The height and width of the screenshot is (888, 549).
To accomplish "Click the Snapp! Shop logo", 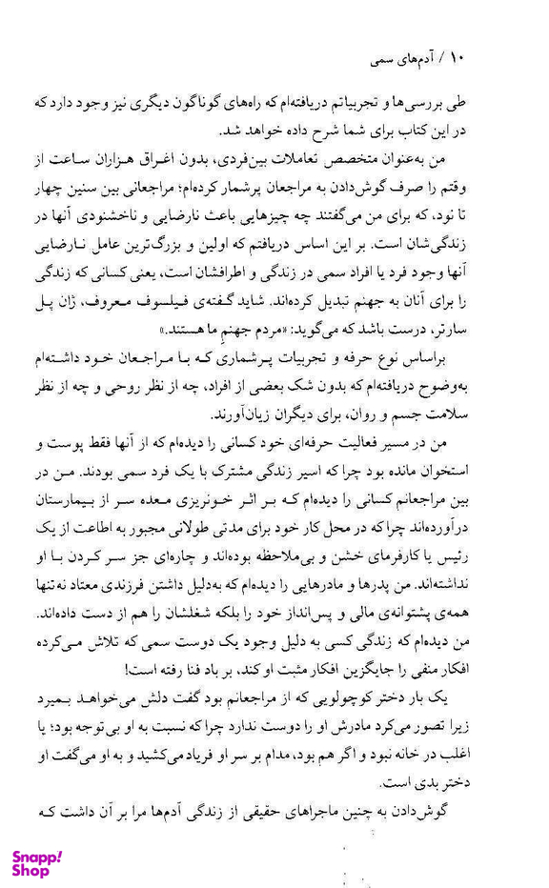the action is point(37,862).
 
